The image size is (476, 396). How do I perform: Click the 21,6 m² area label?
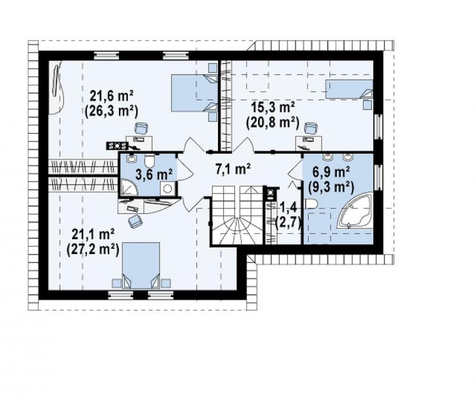click(x=112, y=96)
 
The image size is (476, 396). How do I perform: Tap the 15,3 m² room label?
click(x=273, y=108)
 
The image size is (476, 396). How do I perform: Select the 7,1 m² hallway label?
click(x=233, y=169)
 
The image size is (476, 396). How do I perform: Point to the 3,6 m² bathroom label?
click(x=154, y=175)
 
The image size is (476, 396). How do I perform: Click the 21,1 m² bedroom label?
click(x=93, y=235)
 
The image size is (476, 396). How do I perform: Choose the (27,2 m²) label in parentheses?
click(x=93, y=250)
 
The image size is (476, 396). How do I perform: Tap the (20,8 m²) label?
click(x=273, y=123)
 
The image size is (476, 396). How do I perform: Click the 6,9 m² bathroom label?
click(x=331, y=172)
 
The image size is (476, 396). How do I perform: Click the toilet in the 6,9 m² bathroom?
click(x=311, y=204)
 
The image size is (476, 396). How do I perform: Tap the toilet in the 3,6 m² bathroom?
click(x=150, y=161)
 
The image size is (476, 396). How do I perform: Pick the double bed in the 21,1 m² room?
click(x=141, y=265)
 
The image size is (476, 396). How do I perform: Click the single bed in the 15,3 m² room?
click(x=349, y=89)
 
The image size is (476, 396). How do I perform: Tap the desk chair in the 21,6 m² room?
click(x=141, y=129)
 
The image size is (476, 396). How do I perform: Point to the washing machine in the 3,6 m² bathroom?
click(x=167, y=189)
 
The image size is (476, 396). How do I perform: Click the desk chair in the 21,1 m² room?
click(x=135, y=221)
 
